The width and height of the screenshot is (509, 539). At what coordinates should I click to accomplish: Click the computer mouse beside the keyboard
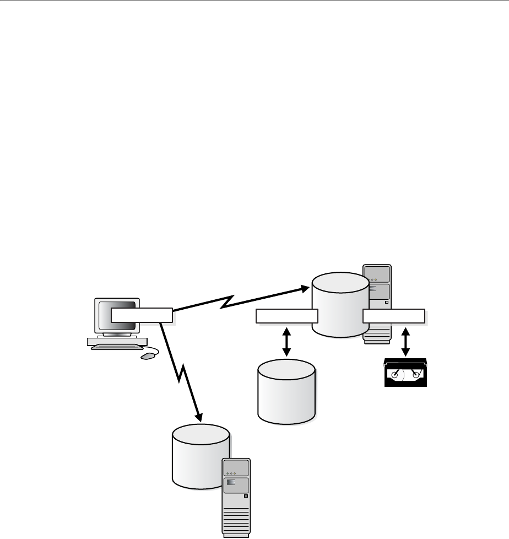[148, 356]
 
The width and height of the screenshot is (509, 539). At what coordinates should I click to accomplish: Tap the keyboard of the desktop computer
[115, 345]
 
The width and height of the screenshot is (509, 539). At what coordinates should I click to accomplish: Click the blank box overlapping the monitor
[142, 315]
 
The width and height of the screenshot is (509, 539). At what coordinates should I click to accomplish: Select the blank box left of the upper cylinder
[287, 316]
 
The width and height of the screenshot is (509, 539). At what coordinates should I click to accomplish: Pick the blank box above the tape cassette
[393, 316]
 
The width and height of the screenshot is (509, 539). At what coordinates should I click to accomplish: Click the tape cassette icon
[405, 373]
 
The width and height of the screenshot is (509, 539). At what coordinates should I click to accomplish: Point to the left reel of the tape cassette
[394, 375]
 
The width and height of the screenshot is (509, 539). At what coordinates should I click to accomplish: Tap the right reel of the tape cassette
[416, 375]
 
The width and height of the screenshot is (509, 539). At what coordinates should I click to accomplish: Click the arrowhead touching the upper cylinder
[305, 288]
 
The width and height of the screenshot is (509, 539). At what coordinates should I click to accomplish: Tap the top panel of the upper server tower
[377, 274]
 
